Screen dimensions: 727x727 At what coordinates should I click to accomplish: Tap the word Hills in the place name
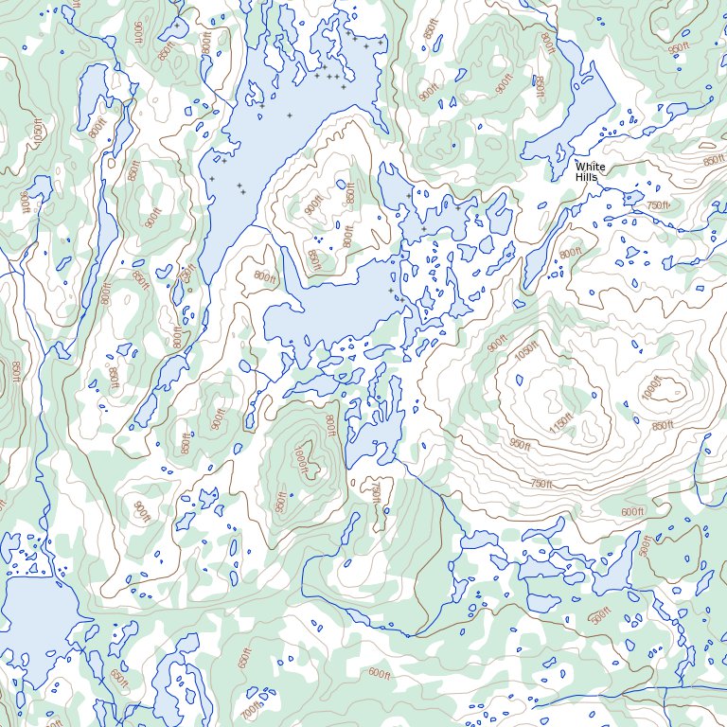(x=587, y=177)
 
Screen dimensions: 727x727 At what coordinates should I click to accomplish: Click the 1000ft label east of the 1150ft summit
(x=649, y=390)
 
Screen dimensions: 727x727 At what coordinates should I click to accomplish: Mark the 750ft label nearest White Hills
(x=657, y=205)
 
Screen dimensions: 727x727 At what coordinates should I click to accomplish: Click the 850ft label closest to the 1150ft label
(x=663, y=426)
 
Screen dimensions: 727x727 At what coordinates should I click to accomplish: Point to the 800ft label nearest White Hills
(x=570, y=254)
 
